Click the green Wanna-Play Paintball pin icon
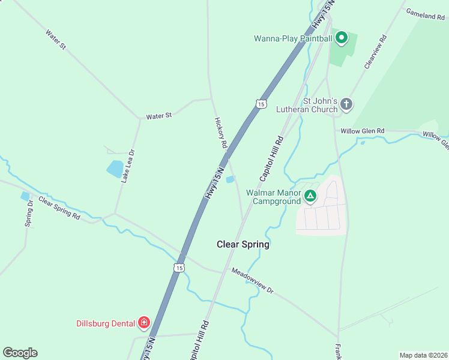342,38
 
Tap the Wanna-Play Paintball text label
292,39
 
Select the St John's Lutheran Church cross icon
346,105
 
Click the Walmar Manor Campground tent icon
310,196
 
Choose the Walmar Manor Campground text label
276,197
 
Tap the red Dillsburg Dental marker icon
144,323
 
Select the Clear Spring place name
243,244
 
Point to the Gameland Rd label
424,14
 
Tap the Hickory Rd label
221,133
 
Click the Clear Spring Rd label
59,207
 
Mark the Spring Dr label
29,213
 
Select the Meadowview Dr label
252,280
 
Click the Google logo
20,353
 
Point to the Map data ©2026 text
423,355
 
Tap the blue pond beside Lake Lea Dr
115,169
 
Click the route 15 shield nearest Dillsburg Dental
179,268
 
